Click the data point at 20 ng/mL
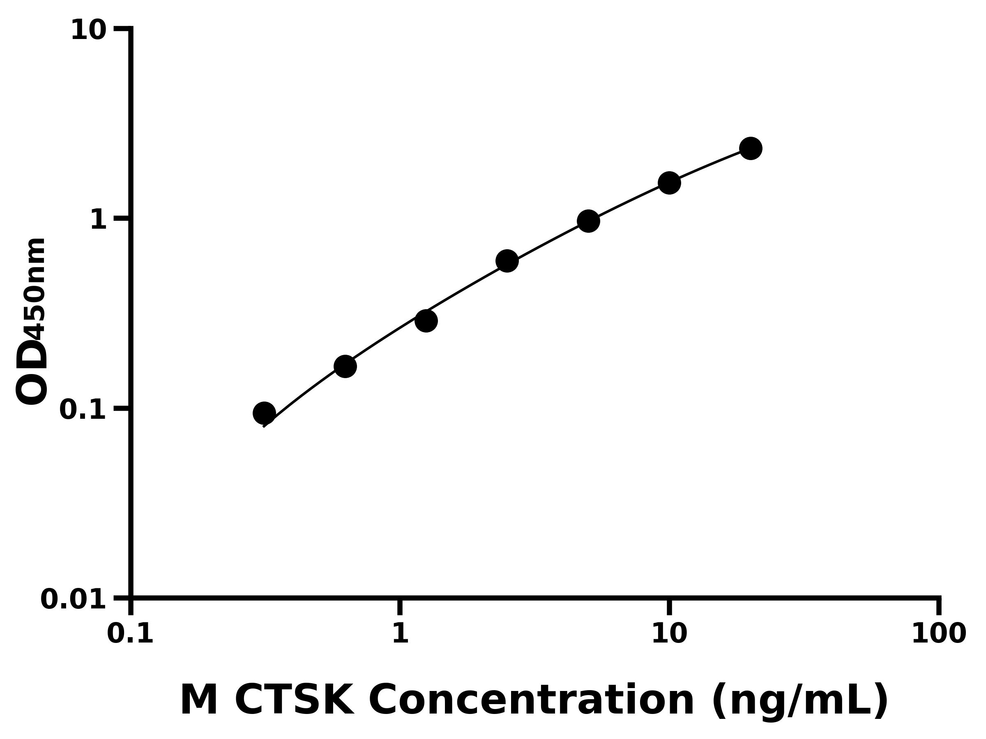751,148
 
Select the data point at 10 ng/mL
669,183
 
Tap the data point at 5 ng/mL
588,221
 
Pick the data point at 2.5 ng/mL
507,261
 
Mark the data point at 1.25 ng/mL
426,321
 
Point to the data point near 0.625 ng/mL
345,366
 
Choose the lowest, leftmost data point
264,413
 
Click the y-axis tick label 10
88,31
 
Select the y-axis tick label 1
98,220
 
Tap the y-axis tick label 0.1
83,410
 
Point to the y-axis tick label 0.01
73,599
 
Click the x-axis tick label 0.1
130,633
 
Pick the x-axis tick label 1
400,633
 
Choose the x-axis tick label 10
669,633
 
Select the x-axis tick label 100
939,633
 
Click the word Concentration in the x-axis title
531,701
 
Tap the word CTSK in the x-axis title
294,701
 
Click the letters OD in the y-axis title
31,372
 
